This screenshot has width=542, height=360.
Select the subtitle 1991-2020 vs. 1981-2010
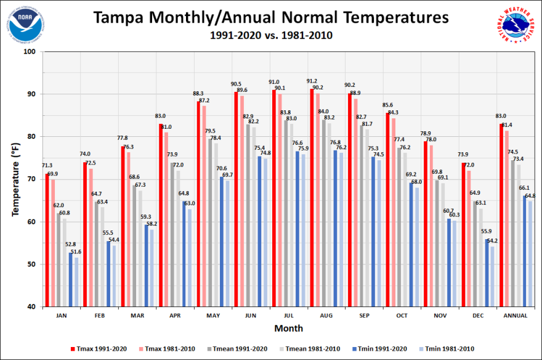[x=271, y=36]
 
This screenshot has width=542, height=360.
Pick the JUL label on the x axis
[x=288, y=316]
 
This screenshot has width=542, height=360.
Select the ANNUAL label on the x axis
[x=515, y=316]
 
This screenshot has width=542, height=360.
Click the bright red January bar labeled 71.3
[x=47, y=240]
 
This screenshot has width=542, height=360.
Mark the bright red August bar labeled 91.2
[x=312, y=197]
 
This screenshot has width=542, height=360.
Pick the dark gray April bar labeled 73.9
[x=172, y=234]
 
